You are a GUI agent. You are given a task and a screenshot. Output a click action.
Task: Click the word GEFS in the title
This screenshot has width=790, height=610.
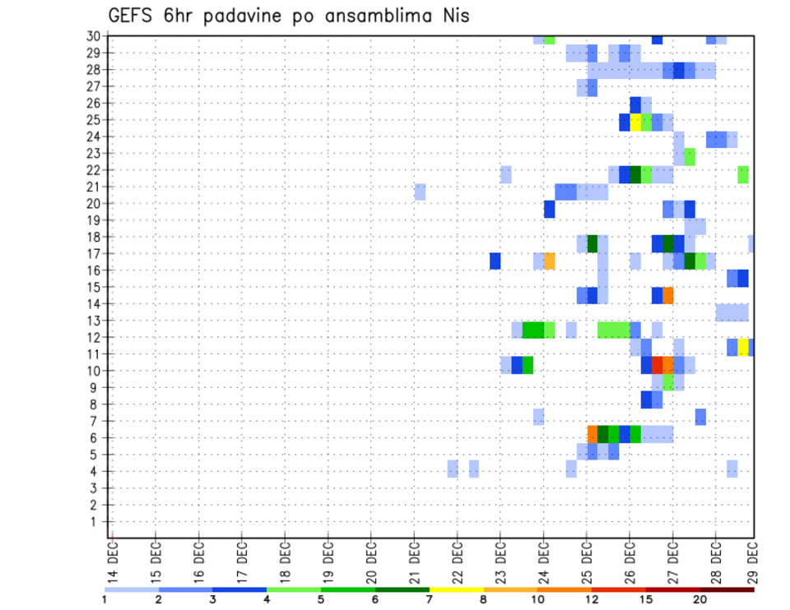pyautogui.click(x=133, y=16)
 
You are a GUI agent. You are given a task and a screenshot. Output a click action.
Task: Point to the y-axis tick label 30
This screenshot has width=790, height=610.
pyautogui.click(x=94, y=36)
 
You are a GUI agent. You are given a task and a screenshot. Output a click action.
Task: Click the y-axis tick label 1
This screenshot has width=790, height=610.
pyautogui.click(x=97, y=521)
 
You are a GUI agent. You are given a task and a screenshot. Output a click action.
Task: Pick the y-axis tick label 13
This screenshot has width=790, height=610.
pyautogui.click(x=94, y=321)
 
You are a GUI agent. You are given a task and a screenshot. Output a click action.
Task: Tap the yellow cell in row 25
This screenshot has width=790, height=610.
pyautogui.click(x=635, y=122)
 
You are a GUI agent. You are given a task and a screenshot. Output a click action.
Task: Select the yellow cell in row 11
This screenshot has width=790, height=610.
pyautogui.click(x=743, y=347)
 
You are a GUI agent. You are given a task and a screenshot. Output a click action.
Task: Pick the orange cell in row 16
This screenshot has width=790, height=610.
pyautogui.click(x=550, y=261)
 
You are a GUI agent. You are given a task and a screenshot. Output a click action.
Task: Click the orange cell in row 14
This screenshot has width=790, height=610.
pyautogui.click(x=668, y=295)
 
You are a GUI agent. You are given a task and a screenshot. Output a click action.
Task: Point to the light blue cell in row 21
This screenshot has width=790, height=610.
pyautogui.click(x=421, y=192)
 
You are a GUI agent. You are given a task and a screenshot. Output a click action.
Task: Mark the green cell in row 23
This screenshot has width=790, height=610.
pyautogui.click(x=690, y=156)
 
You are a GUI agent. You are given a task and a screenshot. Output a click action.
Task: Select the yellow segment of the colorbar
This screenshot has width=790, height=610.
pyautogui.click(x=457, y=589)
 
